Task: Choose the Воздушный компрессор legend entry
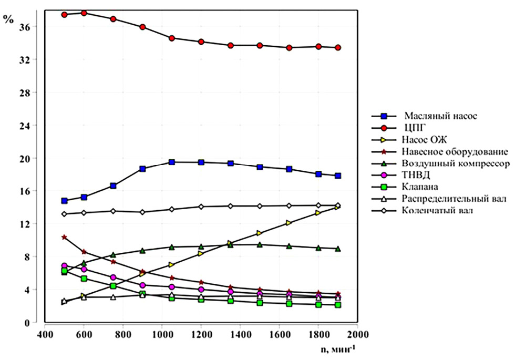pos(455,163)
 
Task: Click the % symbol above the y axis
pos(8,19)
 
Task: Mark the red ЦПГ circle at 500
pos(64,15)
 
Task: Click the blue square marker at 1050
pos(172,162)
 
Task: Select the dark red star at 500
pos(64,238)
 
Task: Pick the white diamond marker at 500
pos(64,214)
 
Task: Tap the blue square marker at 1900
pos(338,176)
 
